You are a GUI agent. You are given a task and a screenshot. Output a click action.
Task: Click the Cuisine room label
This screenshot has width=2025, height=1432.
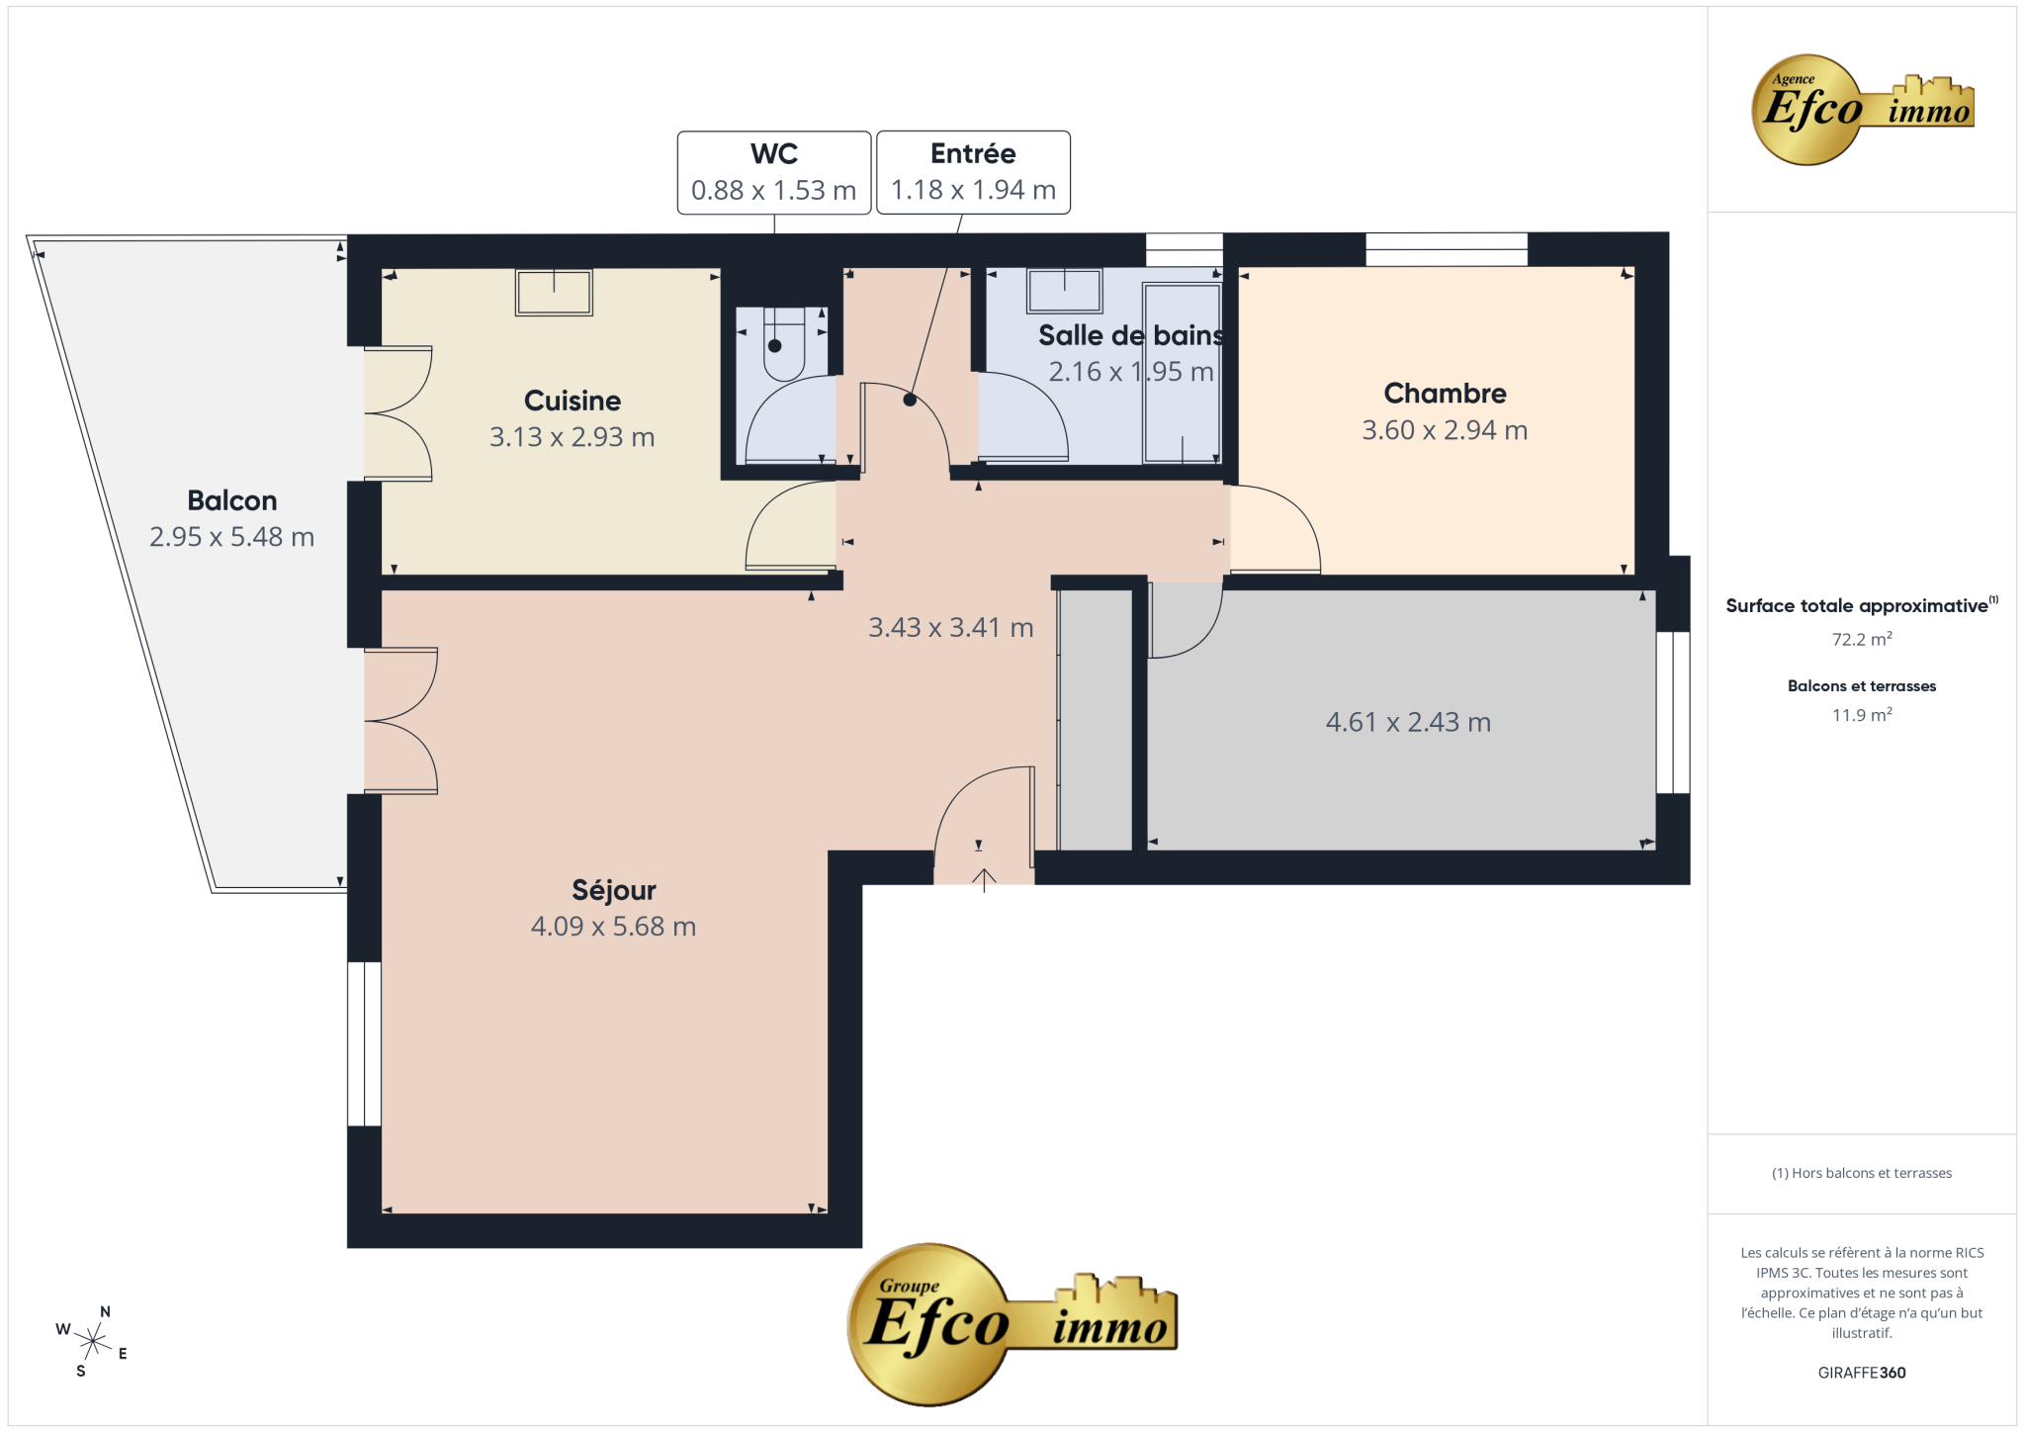tap(572, 401)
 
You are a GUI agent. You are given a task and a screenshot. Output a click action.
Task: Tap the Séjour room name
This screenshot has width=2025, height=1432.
tap(614, 890)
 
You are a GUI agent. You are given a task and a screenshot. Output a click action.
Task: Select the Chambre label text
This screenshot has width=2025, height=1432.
tap(1445, 394)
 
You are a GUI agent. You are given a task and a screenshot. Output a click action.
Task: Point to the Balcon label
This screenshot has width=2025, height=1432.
tap(232, 500)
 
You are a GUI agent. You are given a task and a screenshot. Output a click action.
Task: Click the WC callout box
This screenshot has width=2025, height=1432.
tap(774, 172)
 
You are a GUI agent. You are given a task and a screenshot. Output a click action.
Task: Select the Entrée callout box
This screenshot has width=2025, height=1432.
tap(973, 172)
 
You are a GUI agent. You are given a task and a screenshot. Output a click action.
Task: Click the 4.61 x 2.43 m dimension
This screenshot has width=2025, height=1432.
tap(1408, 722)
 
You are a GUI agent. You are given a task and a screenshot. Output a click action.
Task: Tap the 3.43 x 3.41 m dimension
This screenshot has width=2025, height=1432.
tap(951, 627)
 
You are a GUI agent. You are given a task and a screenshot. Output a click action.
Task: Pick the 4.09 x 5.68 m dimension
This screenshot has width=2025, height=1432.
tap(614, 927)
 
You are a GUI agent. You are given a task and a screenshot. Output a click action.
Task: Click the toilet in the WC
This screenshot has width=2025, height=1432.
tap(784, 343)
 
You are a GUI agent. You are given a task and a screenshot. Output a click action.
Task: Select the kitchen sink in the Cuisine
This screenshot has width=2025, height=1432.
tap(554, 293)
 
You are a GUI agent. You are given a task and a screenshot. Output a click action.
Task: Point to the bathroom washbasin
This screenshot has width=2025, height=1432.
tap(1065, 292)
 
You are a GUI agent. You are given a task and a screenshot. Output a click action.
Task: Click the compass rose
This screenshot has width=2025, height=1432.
tap(93, 1341)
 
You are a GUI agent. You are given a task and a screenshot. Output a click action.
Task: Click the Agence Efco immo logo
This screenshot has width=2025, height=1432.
tap(1863, 110)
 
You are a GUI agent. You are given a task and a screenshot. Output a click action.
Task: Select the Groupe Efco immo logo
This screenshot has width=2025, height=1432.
tap(1012, 1324)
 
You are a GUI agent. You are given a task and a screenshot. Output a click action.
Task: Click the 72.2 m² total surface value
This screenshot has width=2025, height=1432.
tap(1862, 639)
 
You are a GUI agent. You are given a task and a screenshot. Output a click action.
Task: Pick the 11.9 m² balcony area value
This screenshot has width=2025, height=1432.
tap(1862, 714)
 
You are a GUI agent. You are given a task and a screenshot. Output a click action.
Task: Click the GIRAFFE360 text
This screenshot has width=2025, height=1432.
tap(1862, 1373)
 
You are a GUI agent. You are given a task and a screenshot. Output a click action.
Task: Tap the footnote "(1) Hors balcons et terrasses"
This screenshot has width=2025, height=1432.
tap(1862, 1173)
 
